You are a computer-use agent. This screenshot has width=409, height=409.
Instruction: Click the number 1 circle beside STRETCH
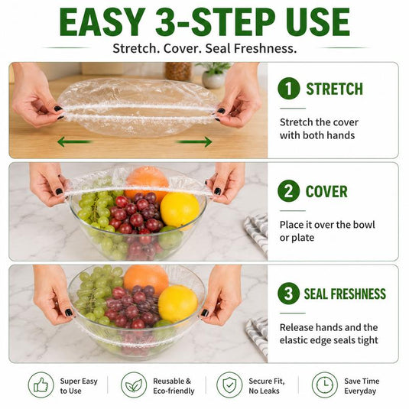tap(289, 89)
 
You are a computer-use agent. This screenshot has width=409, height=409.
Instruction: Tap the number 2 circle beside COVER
tap(289, 190)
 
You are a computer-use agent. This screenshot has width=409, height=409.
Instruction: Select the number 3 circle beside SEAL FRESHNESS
tap(289, 294)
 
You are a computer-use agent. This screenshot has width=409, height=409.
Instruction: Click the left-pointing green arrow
tap(75, 142)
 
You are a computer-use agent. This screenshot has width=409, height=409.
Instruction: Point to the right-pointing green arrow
tap(194, 142)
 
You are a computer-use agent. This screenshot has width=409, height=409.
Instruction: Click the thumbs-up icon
tap(41, 385)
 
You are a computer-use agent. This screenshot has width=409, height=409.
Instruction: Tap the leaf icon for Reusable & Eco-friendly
tap(134, 385)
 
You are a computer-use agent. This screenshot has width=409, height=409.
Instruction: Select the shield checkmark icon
tap(229, 385)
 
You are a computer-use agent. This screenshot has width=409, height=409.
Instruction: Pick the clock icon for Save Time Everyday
tap(325, 385)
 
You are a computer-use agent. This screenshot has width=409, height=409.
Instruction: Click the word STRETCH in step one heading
tap(334, 89)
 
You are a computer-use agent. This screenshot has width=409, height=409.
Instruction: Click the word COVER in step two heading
tap(326, 191)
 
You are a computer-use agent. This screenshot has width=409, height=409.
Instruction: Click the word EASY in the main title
tap(102, 22)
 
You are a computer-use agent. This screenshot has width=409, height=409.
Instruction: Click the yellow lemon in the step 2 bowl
tap(180, 209)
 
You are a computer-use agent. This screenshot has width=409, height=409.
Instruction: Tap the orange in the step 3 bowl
tap(146, 278)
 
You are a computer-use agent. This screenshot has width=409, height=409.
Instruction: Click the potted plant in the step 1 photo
tap(213, 75)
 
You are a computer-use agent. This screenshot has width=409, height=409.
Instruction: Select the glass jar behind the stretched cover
tap(178, 71)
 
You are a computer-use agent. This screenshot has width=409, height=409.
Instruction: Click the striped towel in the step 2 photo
tap(257, 234)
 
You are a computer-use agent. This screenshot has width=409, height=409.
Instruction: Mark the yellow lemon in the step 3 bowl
tap(178, 304)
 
